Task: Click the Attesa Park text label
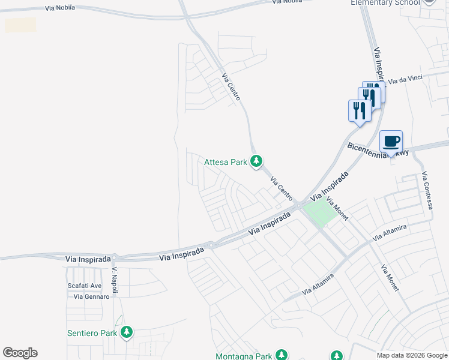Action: [226, 162]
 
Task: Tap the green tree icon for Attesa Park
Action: [256, 161]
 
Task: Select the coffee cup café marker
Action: [391, 142]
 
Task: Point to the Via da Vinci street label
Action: [406, 79]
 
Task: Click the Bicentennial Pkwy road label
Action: [378, 149]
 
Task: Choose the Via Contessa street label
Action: [427, 191]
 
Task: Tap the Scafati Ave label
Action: [85, 286]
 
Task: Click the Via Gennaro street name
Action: [91, 296]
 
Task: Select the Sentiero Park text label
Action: [92, 332]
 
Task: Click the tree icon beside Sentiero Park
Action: [126, 332]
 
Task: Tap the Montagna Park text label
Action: [244, 356]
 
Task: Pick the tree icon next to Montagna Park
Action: [281, 355]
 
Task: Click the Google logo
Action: [20, 353]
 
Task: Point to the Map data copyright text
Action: [412, 355]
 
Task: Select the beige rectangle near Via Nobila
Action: [20, 25]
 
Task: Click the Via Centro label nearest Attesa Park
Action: [282, 188]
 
